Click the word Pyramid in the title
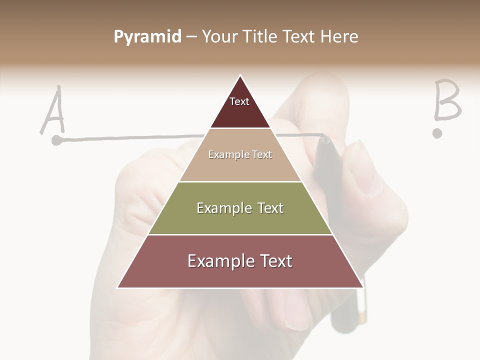point(147,37)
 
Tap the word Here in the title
point(339,36)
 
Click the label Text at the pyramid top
point(239,101)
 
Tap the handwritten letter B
point(446,100)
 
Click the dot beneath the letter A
point(57,141)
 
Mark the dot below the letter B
point(438,133)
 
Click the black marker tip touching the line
point(325,138)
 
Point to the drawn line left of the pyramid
point(130,137)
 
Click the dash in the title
point(191,37)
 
